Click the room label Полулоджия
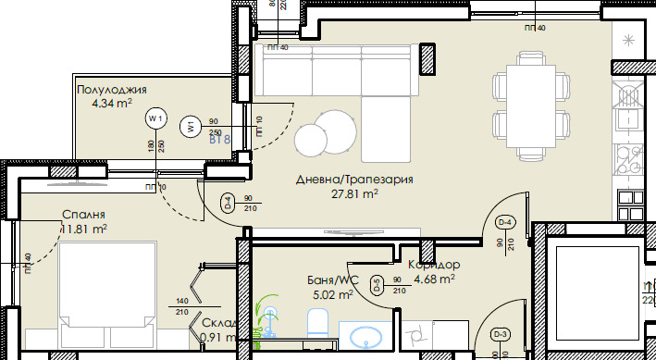112,90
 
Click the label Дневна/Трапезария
353,180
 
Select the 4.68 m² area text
434,278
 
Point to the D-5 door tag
377,286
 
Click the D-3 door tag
501,334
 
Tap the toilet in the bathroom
316,325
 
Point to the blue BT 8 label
219,140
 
